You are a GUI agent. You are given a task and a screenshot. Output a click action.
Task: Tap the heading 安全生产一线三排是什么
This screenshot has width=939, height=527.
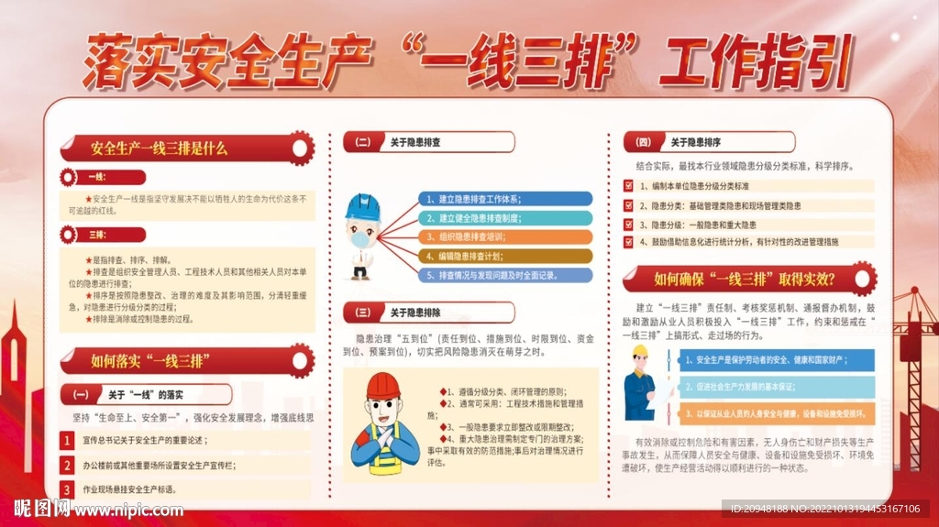pyautogui.click(x=160, y=148)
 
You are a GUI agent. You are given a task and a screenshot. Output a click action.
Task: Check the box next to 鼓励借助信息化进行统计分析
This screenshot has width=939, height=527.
pyautogui.click(x=628, y=242)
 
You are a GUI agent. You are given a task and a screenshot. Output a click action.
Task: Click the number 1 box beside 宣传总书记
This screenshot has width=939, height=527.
pyautogui.click(x=67, y=441)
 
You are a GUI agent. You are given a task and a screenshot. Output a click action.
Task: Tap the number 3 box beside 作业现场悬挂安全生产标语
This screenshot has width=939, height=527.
pyautogui.click(x=67, y=489)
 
